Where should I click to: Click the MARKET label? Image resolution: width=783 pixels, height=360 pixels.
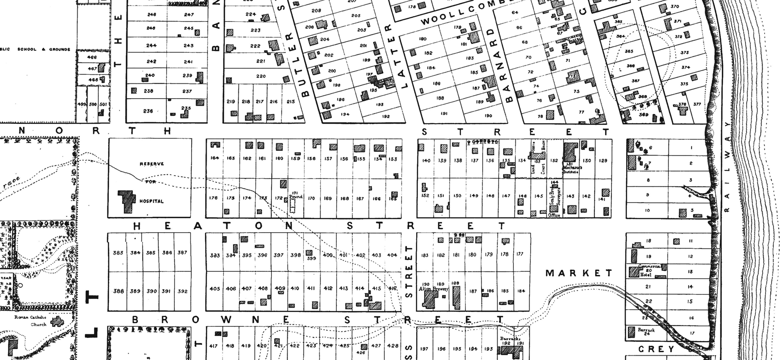tap(579, 273)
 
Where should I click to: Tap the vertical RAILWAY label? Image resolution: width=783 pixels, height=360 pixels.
tap(727, 167)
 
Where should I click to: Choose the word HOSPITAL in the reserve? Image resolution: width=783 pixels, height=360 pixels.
tap(151, 201)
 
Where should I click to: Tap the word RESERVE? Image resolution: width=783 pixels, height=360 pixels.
tap(152, 164)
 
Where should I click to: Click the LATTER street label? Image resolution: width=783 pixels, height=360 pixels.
tap(395, 56)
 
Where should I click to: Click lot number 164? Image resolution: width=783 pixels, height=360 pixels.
tap(215, 158)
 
